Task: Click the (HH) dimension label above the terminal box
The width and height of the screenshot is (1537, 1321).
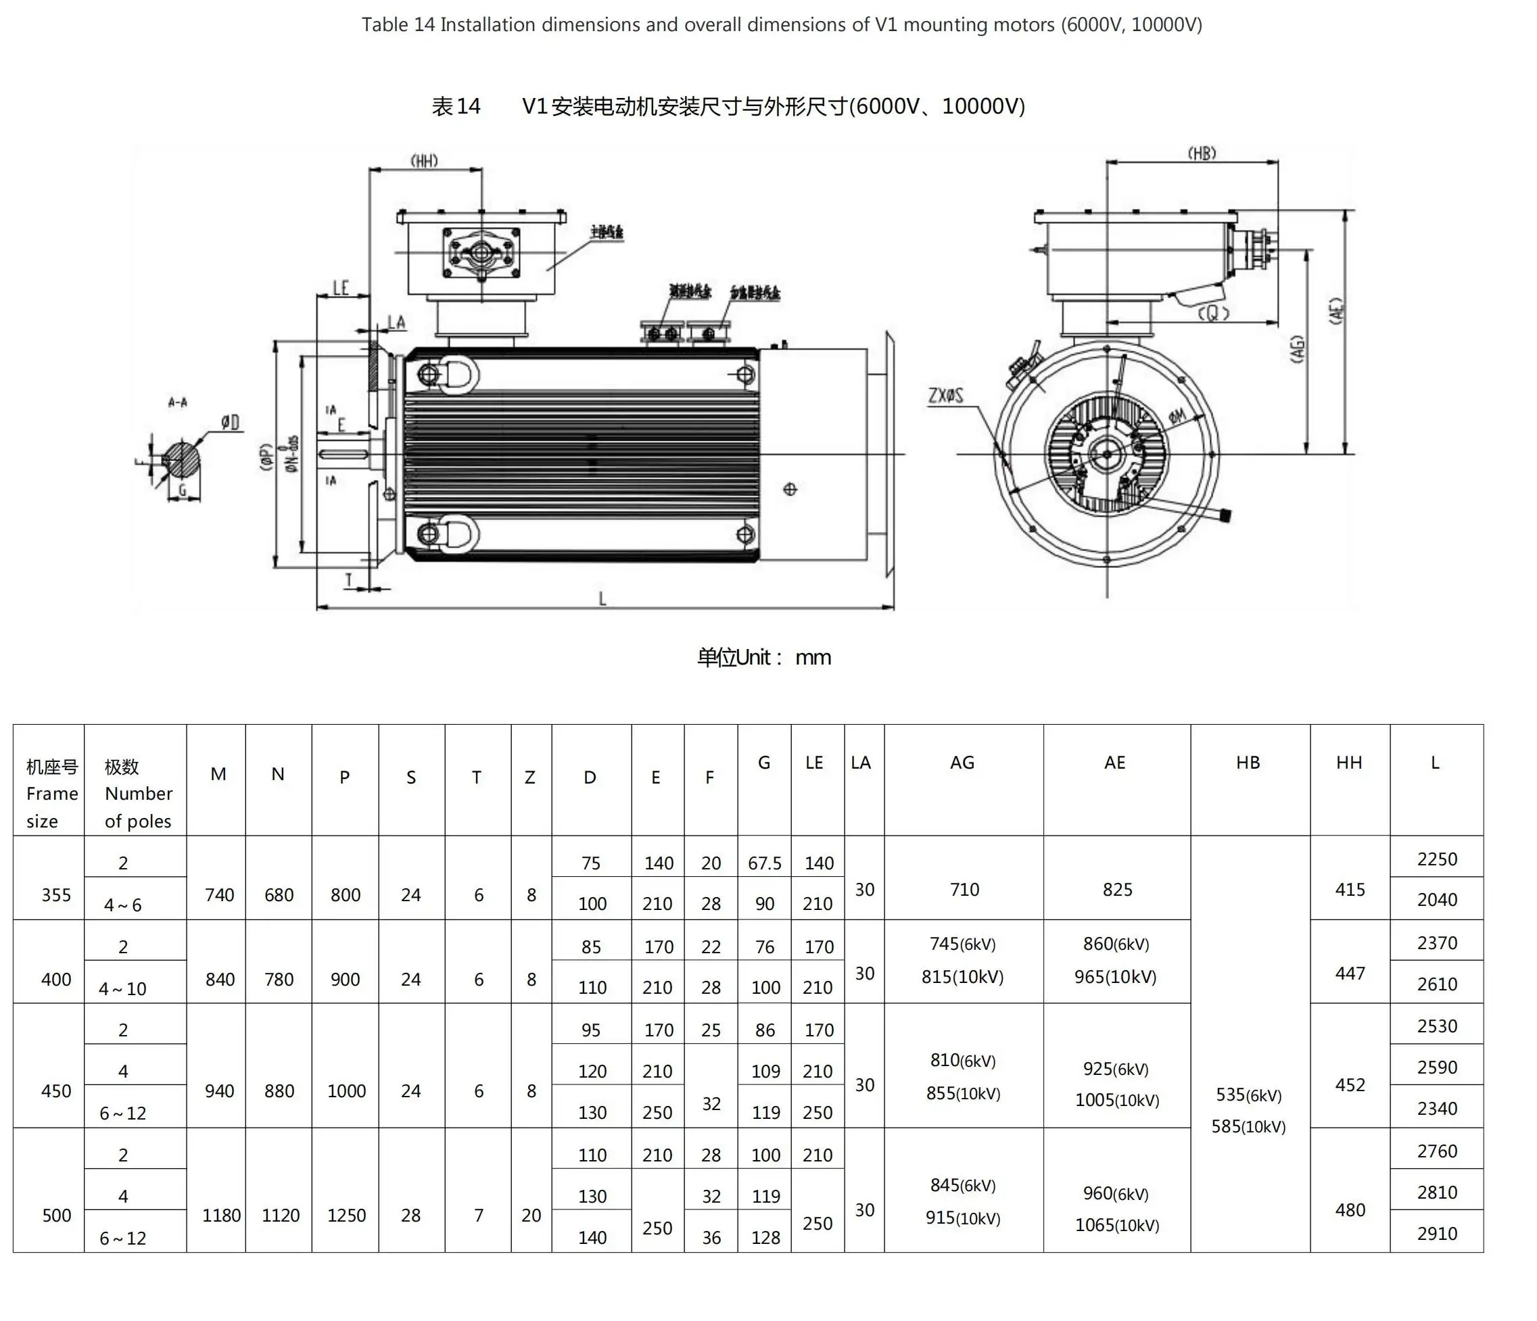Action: [x=424, y=160]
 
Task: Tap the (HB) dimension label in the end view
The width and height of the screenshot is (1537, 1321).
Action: [x=1202, y=153]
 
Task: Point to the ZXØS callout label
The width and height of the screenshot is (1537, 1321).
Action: [x=946, y=395]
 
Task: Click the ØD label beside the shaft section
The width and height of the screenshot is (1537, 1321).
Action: [x=231, y=423]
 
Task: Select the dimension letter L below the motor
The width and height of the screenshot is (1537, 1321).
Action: [x=602, y=598]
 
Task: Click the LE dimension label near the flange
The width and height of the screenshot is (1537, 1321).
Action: [x=341, y=288]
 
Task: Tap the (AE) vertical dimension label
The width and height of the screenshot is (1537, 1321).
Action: [x=1335, y=312]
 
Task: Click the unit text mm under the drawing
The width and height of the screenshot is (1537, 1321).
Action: [x=813, y=658]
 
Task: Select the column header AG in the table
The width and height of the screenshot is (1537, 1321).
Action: [x=962, y=763]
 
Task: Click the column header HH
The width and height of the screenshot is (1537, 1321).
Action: [x=1348, y=763]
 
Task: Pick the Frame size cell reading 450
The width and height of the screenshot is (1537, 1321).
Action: [x=56, y=1091]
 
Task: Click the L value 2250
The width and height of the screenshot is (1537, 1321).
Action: [x=1437, y=859]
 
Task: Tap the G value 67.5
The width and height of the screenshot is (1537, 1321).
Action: [x=764, y=863]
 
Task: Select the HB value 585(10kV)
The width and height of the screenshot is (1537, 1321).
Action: [x=1248, y=1127]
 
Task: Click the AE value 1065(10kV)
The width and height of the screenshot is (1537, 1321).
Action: [x=1116, y=1225]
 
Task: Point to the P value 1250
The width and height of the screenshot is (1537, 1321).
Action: [x=346, y=1216]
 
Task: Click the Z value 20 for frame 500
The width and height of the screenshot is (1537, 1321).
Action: [x=531, y=1216]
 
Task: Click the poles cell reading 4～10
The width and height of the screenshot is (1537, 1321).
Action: [x=123, y=988]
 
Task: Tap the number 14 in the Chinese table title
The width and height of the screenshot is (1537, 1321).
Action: [x=468, y=107]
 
